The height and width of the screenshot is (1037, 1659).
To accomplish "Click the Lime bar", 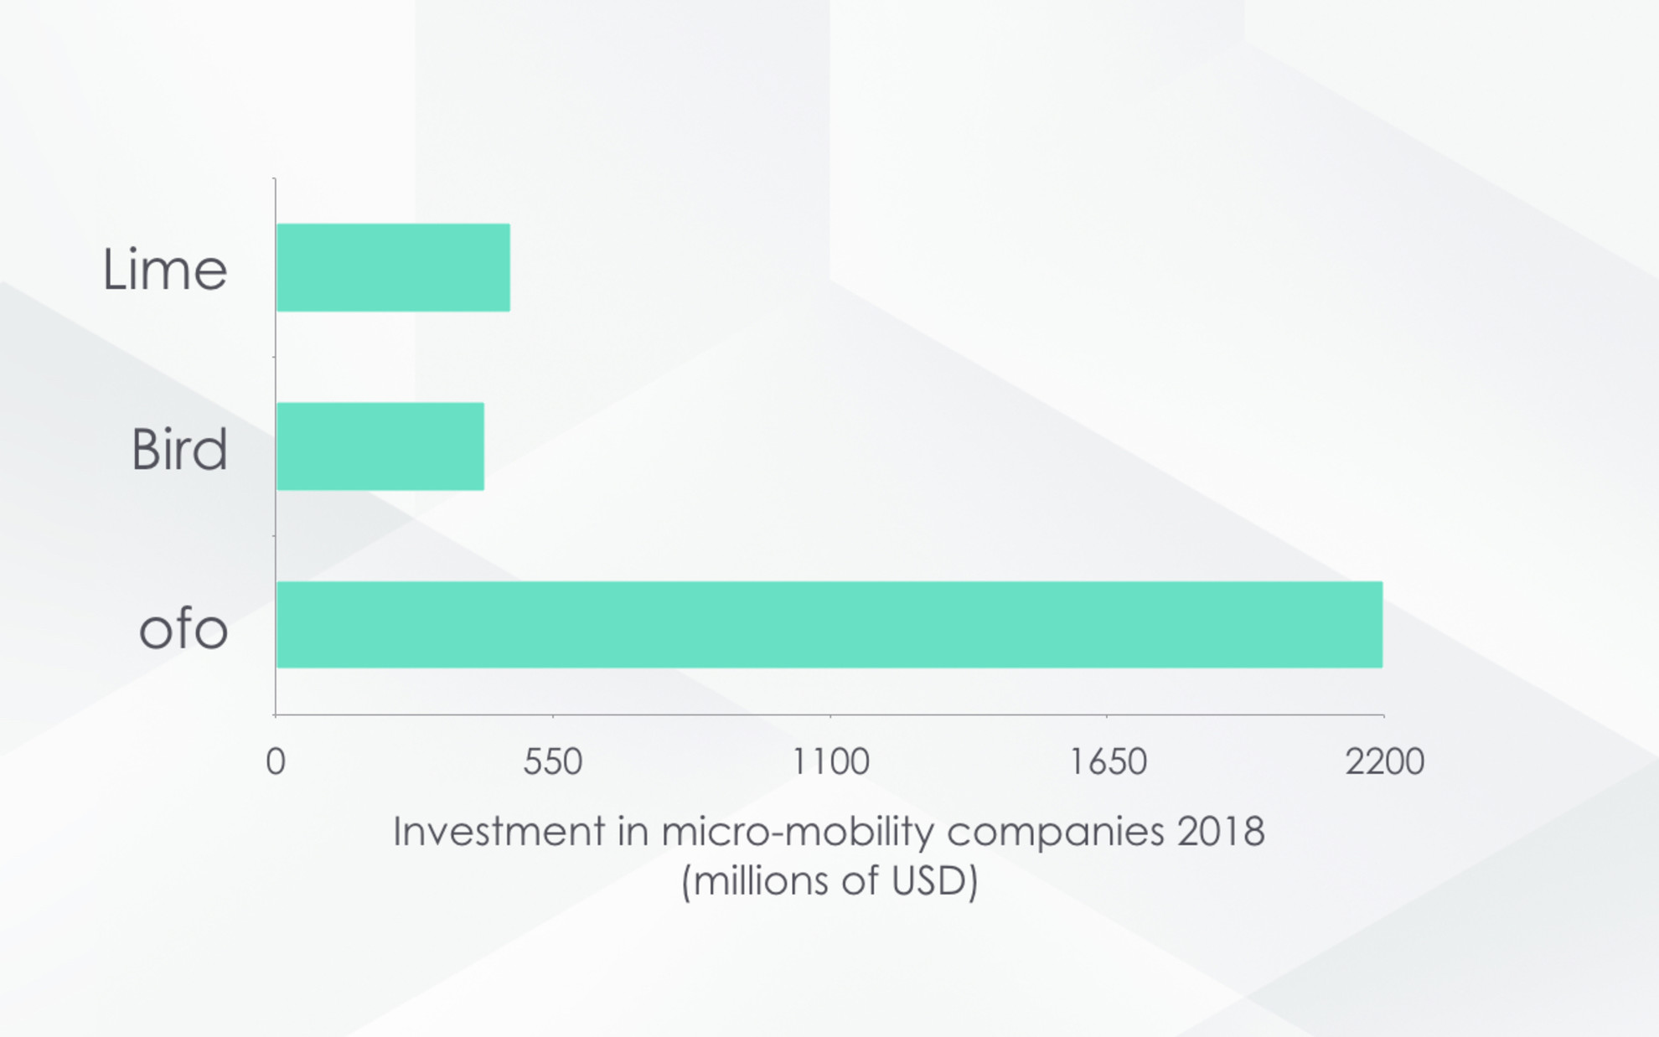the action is tap(393, 267).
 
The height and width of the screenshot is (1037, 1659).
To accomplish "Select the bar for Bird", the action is tap(380, 446).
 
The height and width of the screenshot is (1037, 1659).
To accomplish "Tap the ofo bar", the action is tap(829, 625).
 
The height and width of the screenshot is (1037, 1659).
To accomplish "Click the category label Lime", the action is tap(165, 270).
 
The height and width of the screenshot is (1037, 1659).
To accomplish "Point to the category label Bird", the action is tap(179, 449).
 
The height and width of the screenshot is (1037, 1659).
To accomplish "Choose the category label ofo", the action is tap(183, 627).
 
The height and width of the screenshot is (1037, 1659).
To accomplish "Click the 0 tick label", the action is tap(276, 762).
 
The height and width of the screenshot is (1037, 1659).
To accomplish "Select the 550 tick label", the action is tap(553, 762).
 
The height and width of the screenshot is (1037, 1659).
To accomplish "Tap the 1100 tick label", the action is tap(831, 762).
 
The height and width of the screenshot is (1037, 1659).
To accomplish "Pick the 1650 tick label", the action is tap(1108, 762).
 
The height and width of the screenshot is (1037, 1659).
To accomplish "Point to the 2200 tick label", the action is tap(1385, 762).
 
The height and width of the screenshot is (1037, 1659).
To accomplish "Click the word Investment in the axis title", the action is tap(499, 832).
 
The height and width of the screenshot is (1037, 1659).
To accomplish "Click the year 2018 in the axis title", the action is tap(1221, 832).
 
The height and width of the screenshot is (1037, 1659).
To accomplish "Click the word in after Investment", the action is tap(633, 832).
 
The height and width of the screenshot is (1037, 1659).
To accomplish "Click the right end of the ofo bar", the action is tap(1382, 625).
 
